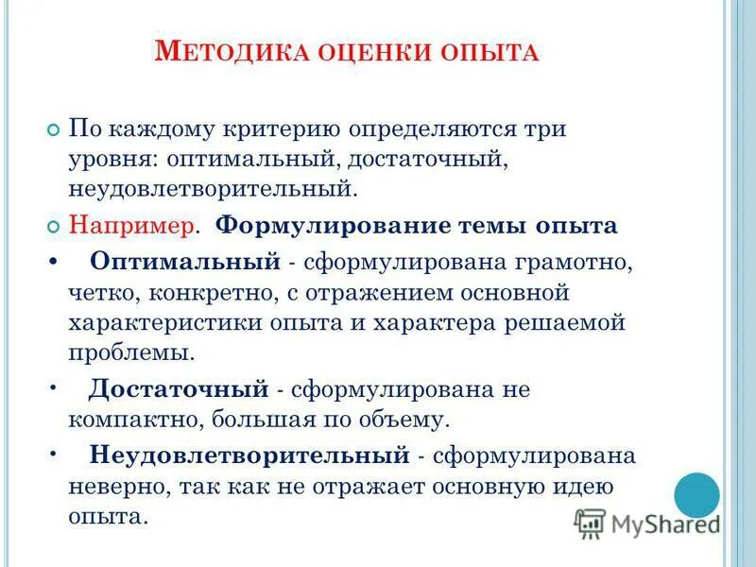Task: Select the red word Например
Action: (x=132, y=226)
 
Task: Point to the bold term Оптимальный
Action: (x=185, y=260)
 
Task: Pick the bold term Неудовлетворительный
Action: (x=249, y=455)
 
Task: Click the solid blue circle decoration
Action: (x=696, y=494)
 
